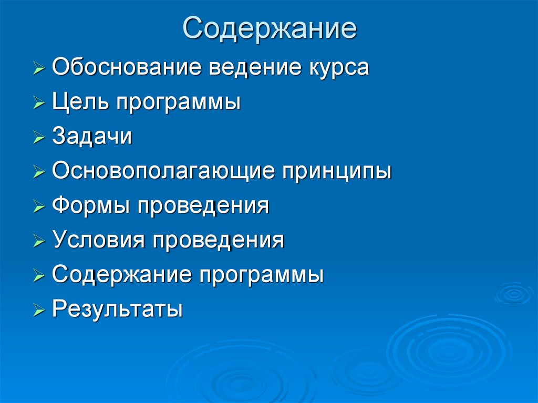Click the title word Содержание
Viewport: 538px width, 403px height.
click(270, 28)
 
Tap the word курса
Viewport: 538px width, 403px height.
click(336, 68)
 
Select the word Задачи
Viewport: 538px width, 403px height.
click(92, 137)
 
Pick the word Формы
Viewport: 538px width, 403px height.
click(91, 206)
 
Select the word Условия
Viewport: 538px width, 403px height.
click(98, 241)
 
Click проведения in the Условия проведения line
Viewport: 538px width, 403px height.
click(219, 241)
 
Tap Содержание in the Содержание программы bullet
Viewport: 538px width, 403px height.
click(121, 275)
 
